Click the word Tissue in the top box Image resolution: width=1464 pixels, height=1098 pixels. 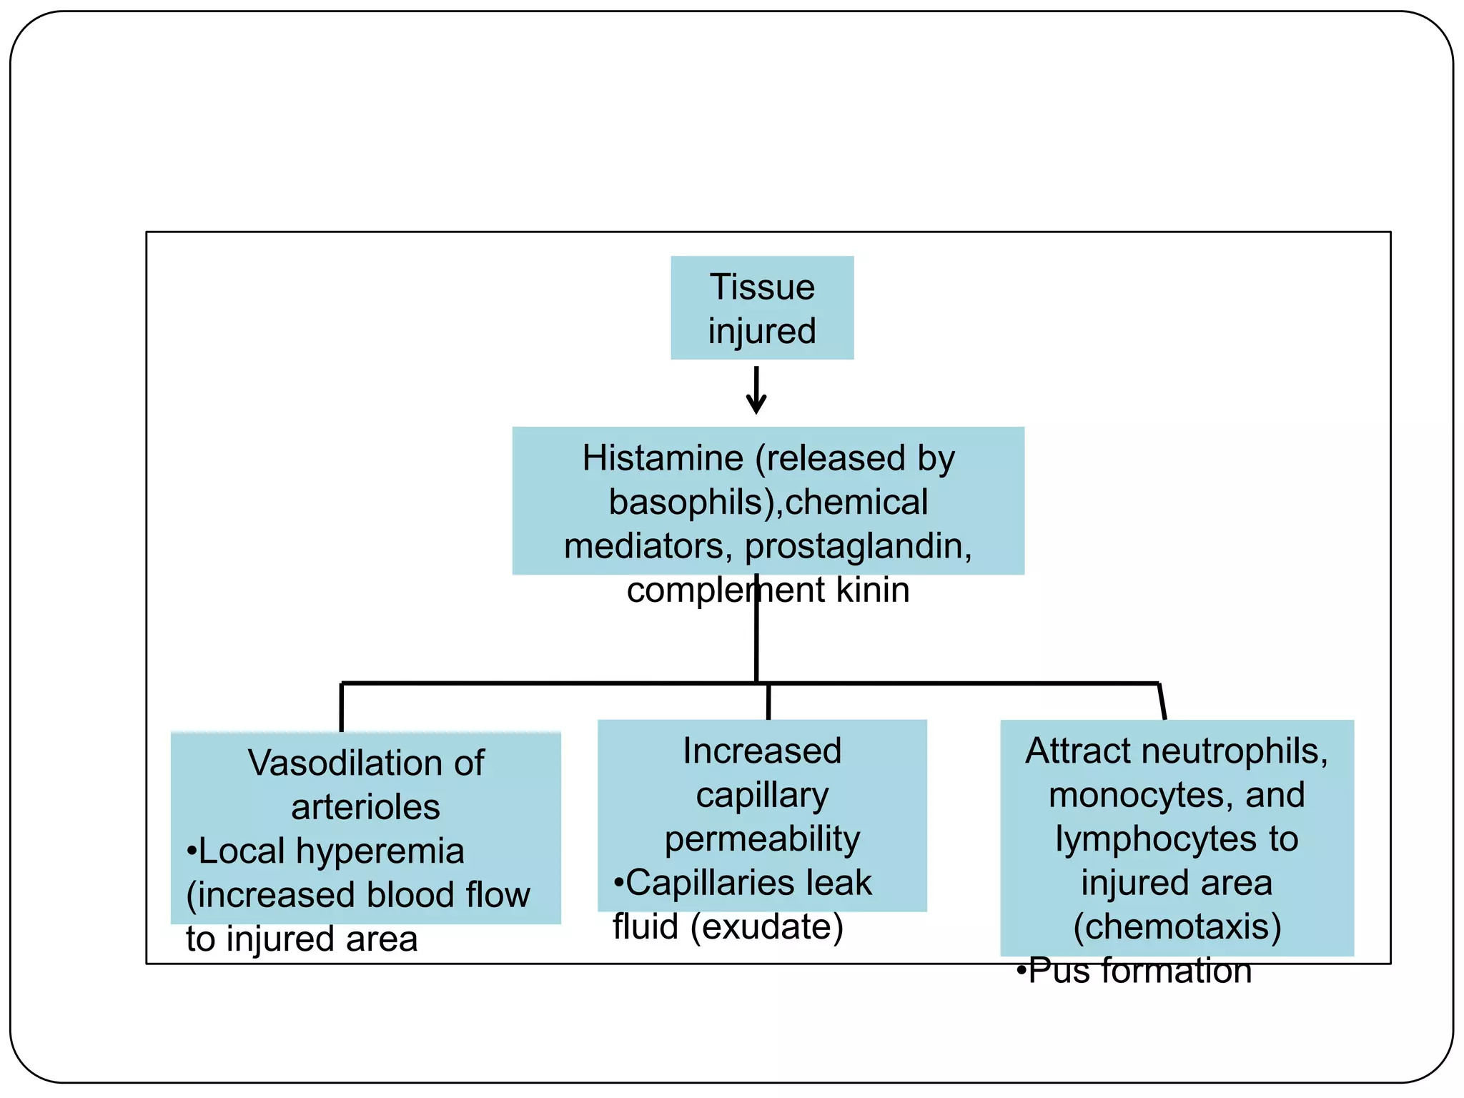(x=762, y=287)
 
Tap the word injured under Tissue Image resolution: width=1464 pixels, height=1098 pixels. (x=762, y=332)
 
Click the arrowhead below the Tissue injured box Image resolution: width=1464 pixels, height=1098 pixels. (x=756, y=405)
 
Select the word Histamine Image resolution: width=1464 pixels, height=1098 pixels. (x=663, y=458)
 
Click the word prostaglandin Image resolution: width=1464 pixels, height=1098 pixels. (x=858, y=547)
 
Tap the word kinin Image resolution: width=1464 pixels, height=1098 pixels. (x=873, y=590)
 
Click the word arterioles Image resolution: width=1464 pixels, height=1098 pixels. (x=365, y=807)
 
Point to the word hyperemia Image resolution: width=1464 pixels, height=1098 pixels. (x=380, y=851)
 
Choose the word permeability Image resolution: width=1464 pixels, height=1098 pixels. (x=762, y=839)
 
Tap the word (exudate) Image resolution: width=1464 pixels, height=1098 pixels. (x=767, y=927)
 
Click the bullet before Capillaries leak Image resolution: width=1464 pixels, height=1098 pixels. (x=618, y=883)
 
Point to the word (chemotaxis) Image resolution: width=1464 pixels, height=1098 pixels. (x=1177, y=927)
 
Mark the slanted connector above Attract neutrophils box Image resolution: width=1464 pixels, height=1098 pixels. (x=1162, y=702)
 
